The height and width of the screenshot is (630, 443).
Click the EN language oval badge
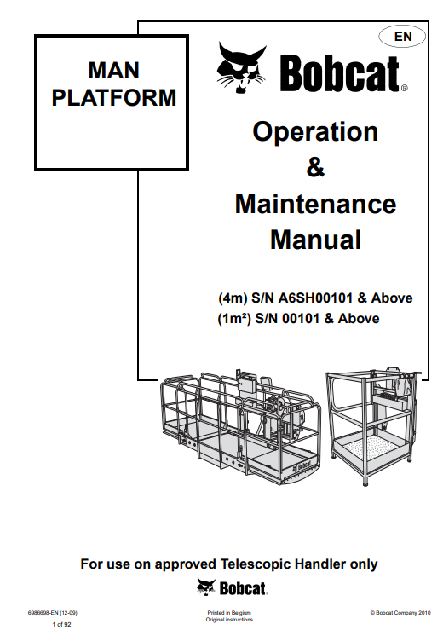pos(402,37)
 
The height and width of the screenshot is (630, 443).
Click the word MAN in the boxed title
pos(113,70)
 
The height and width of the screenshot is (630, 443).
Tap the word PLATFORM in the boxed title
pos(114,98)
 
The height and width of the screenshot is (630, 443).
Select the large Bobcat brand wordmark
pos(343,73)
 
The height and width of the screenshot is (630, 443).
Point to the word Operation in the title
pos(315,132)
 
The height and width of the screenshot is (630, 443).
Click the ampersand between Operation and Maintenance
pos(315,167)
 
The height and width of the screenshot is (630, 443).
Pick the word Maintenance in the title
pos(316,204)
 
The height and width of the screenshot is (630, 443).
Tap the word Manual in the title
pos(316,240)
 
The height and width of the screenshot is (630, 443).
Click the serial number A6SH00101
pos(315,298)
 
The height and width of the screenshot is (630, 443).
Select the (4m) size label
pos(233,298)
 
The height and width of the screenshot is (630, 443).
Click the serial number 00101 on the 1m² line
pos(301,319)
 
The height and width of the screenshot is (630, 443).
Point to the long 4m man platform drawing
pos(241,426)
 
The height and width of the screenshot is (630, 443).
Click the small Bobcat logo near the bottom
pos(232,588)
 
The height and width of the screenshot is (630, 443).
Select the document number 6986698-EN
pos(43,613)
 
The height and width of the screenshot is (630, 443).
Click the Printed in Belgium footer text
pos(229,613)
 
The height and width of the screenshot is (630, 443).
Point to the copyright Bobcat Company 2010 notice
pos(400,613)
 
